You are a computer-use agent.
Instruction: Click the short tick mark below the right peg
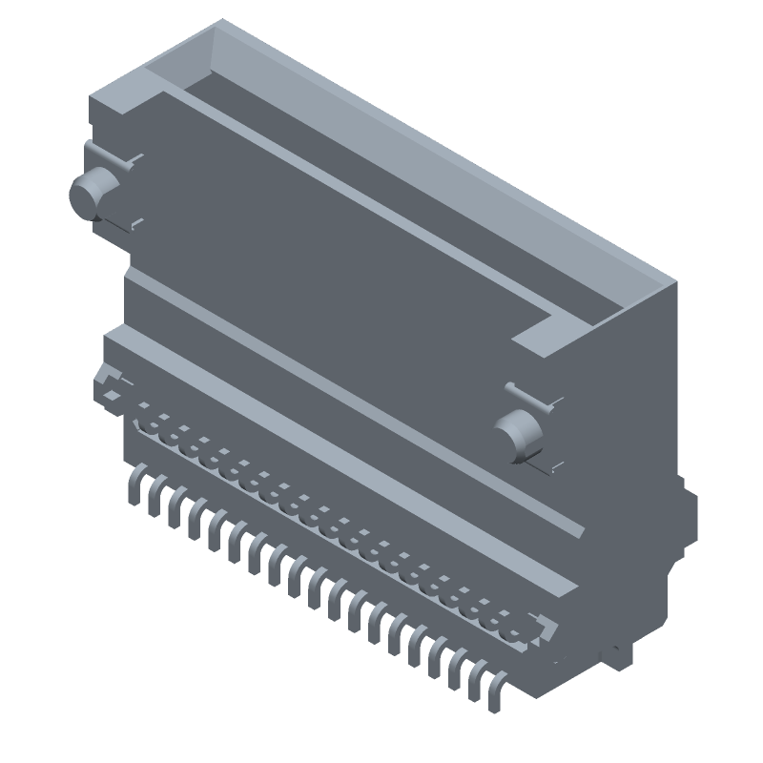click(x=554, y=467)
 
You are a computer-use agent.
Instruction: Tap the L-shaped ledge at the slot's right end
click(x=554, y=334)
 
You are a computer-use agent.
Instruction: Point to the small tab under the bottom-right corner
click(x=621, y=653)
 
